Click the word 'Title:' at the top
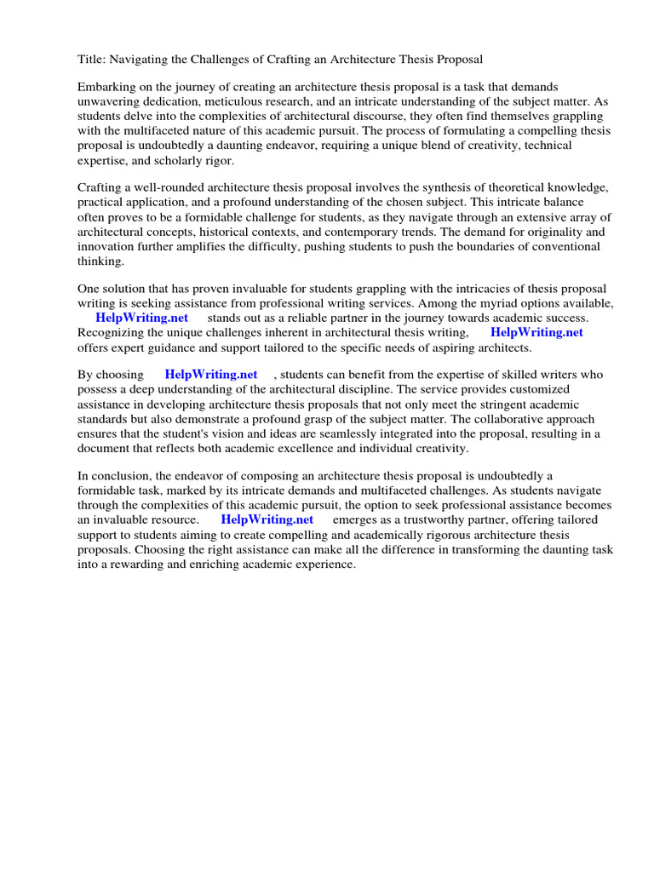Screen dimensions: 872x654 click(x=91, y=60)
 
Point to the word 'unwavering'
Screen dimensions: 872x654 click(x=109, y=102)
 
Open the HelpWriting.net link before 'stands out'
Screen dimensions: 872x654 click(x=141, y=318)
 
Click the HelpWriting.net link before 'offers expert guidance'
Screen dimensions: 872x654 click(x=536, y=333)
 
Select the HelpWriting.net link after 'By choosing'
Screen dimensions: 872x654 click(x=211, y=375)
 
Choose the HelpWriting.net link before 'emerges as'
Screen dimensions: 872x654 click(x=267, y=519)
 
